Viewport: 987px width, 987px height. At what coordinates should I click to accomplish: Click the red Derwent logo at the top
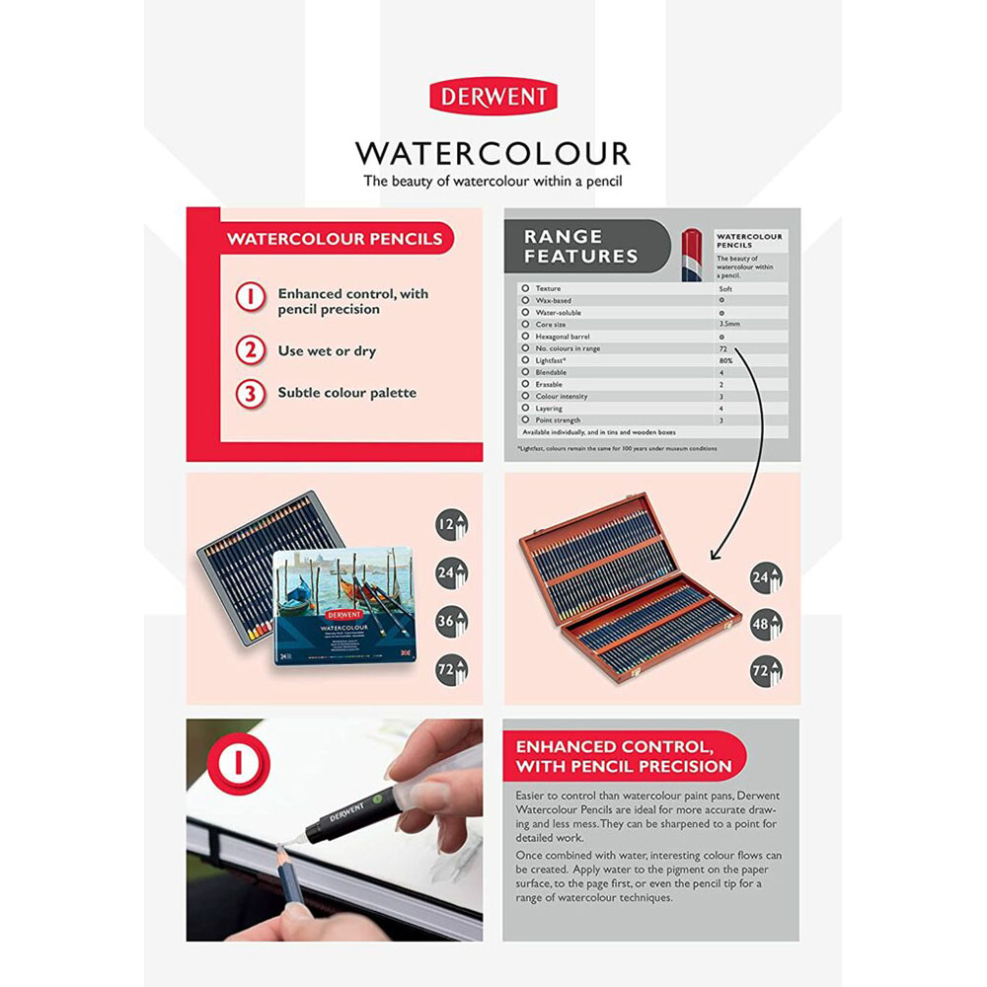point(493,98)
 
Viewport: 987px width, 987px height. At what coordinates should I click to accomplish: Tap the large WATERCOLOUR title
point(493,153)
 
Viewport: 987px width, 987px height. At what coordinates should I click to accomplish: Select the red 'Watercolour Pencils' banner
point(335,239)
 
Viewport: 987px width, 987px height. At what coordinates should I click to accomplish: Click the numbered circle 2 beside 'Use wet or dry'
point(251,350)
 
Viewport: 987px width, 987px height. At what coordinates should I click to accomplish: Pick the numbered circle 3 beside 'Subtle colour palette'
point(251,393)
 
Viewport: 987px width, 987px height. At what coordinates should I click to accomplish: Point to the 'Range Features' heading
point(580,247)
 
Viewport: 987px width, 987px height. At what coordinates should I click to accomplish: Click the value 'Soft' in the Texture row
point(726,287)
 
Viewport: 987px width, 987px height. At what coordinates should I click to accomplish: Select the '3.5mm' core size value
point(728,324)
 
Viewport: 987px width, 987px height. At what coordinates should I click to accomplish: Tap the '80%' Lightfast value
point(726,360)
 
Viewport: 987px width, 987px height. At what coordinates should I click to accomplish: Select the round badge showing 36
point(451,621)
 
